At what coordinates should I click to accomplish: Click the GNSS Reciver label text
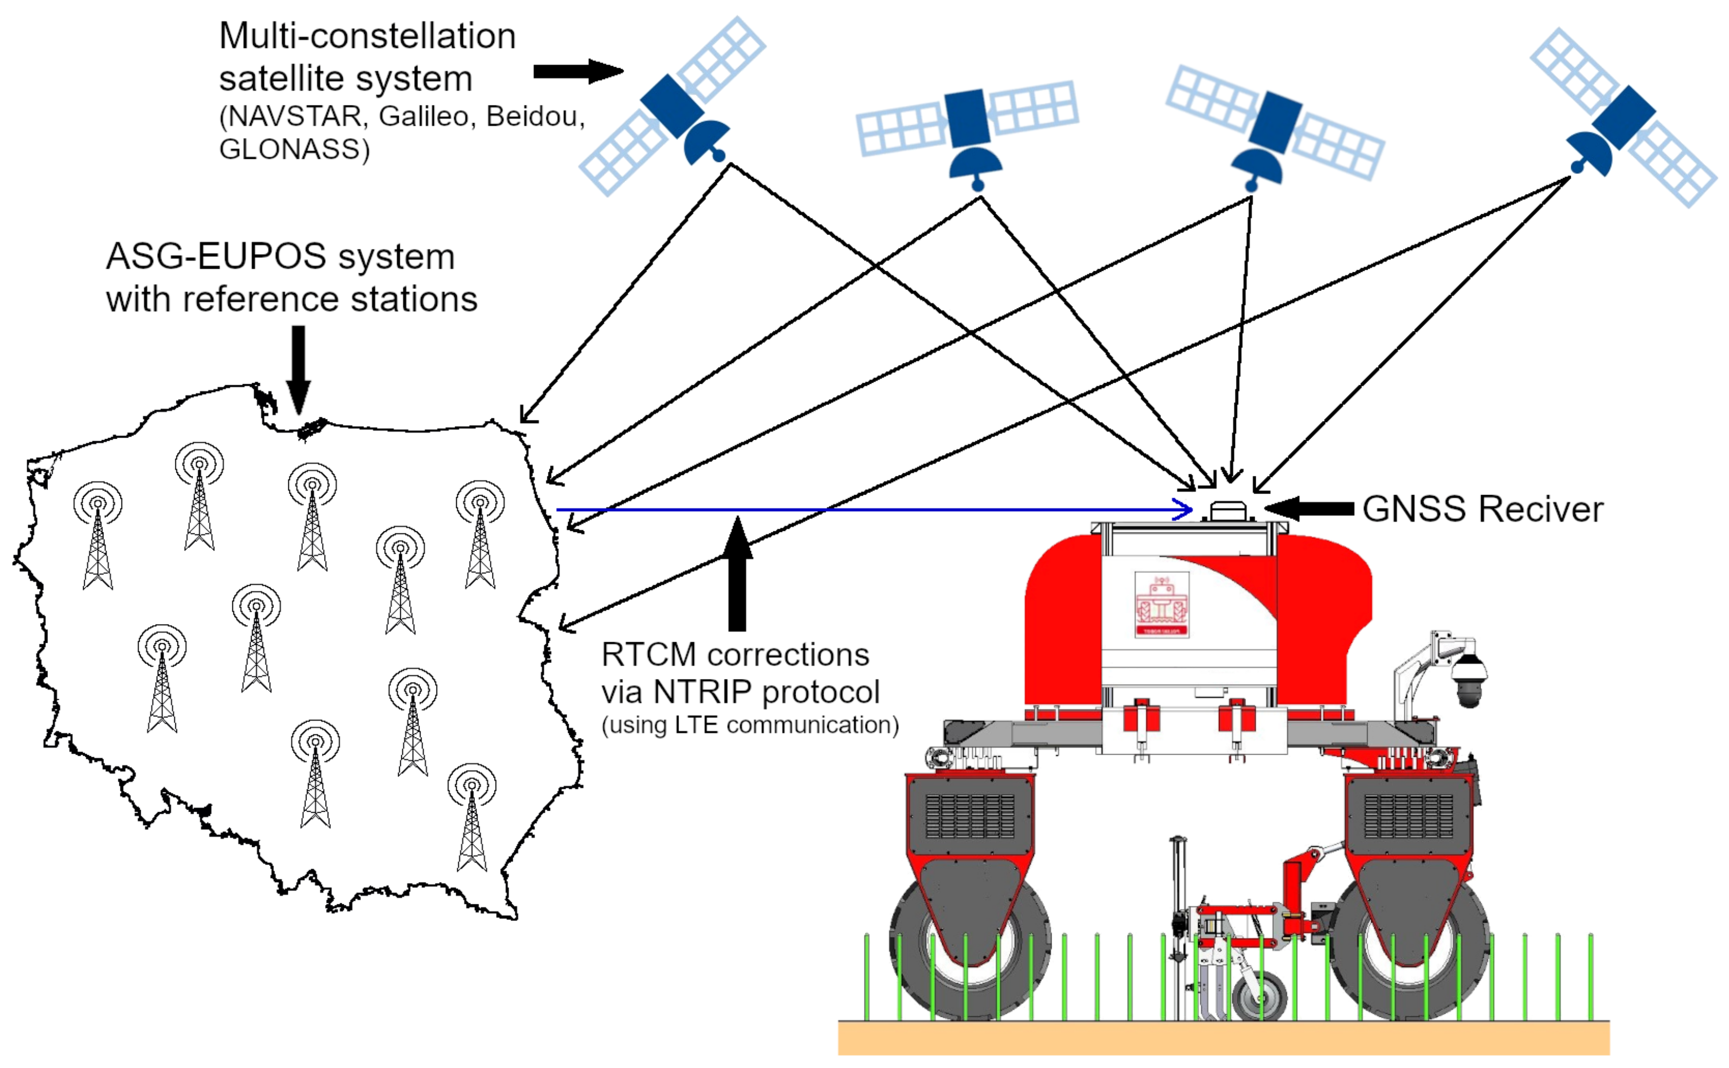pyautogui.click(x=1482, y=509)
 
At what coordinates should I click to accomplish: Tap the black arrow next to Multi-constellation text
pyautogui.click(x=578, y=71)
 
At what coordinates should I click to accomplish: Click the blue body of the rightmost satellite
pyautogui.click(x=1623, y=117)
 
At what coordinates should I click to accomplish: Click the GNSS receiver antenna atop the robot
pyautogui.click(x=1227, y=511)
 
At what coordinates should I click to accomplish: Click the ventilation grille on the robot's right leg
pyautogui.click(x=1408, y=816)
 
